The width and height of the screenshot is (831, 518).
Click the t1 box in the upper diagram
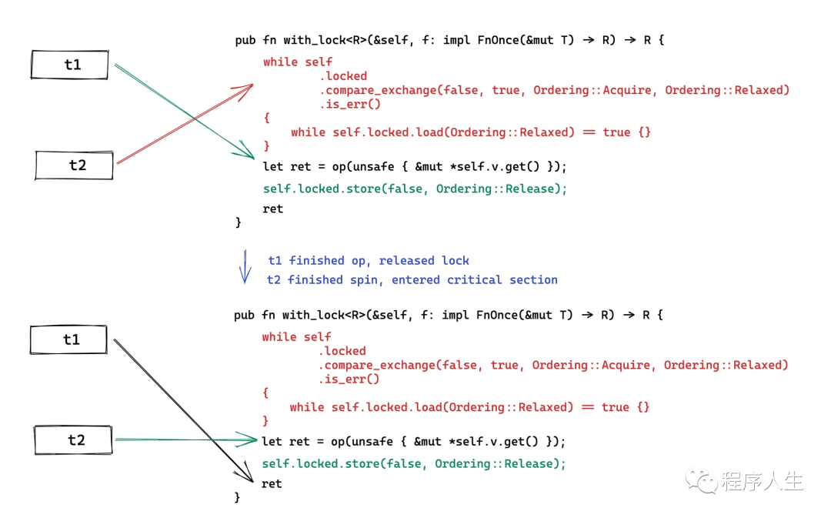[72, 65]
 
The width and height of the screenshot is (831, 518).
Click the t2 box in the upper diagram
[75, 165]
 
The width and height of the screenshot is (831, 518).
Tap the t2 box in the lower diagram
[75, 440]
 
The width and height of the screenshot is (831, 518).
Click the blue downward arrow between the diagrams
[245, 266]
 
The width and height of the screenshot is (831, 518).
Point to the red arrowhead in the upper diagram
[248, 87]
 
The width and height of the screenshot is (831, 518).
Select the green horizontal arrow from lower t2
[185, 439]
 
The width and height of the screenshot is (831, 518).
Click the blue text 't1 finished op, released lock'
[369, 261]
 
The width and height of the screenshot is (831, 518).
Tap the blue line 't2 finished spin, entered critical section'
[412, 280]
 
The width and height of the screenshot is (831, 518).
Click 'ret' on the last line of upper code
[272, 209]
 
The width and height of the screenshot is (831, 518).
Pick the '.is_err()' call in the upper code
[350, 104]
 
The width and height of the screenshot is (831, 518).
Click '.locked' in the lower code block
[342, 351]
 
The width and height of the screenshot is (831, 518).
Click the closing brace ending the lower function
[238, 498]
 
